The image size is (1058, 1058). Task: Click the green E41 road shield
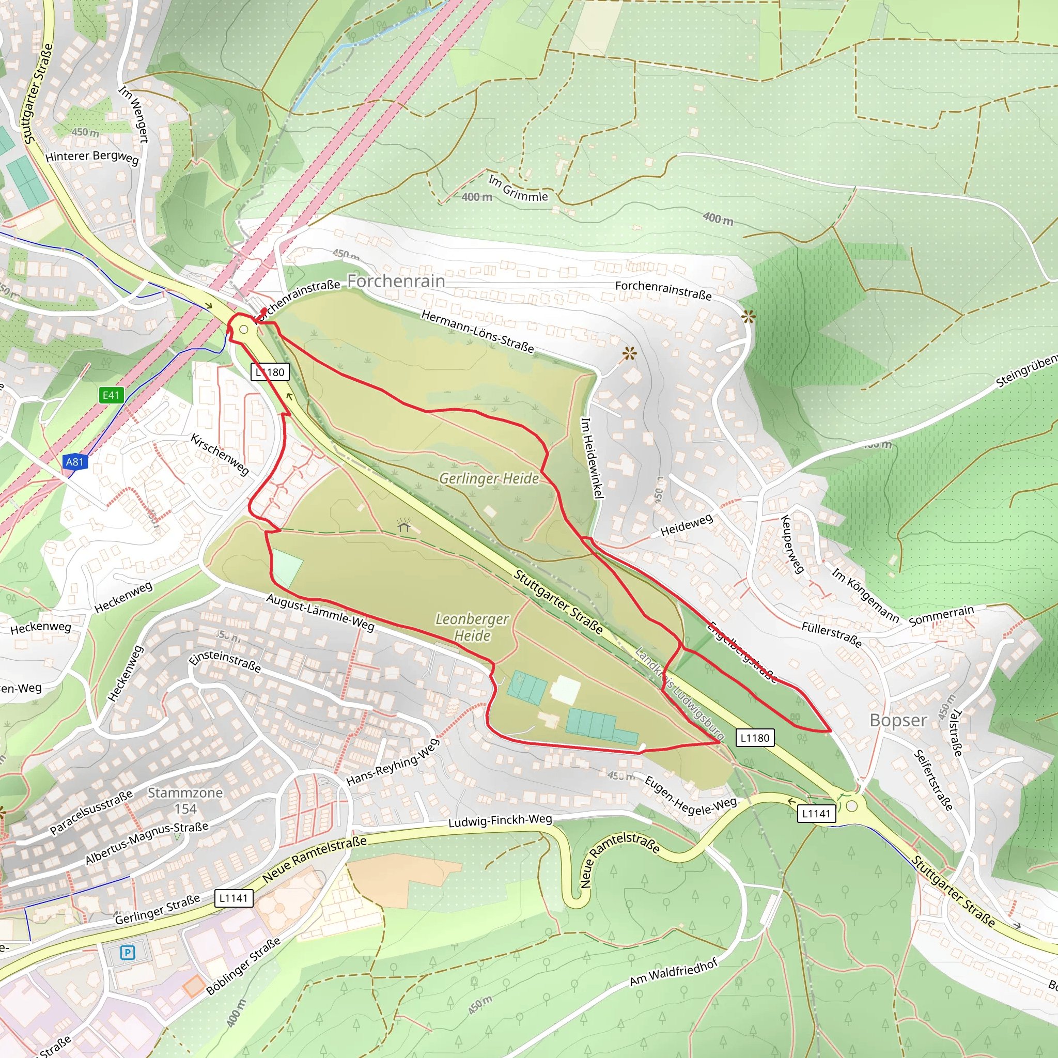(x=111, y=395)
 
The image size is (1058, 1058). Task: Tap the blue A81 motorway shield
(x=74, y=462)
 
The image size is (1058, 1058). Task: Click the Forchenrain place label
(x=396, y=281)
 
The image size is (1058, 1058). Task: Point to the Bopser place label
(x=898, y=720)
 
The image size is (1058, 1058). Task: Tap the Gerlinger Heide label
(x=489, y=478)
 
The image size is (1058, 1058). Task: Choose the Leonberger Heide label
(x=472, y=627)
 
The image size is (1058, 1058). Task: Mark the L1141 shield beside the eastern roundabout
(x=816, y=813)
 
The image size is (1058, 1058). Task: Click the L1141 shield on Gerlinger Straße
(x=234, y=898)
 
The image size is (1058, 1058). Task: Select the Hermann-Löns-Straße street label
(x=477, y=331)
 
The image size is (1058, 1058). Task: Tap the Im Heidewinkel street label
(x=592, y=458)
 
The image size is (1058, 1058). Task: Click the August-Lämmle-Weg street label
(x=320, y=612)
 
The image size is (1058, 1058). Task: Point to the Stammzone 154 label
(x=185, y=800)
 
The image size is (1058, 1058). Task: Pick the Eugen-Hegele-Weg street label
(x=691, y=797)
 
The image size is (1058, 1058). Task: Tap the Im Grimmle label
(x=518, y=189)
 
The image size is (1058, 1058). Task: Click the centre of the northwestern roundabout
(x=244, y=330)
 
